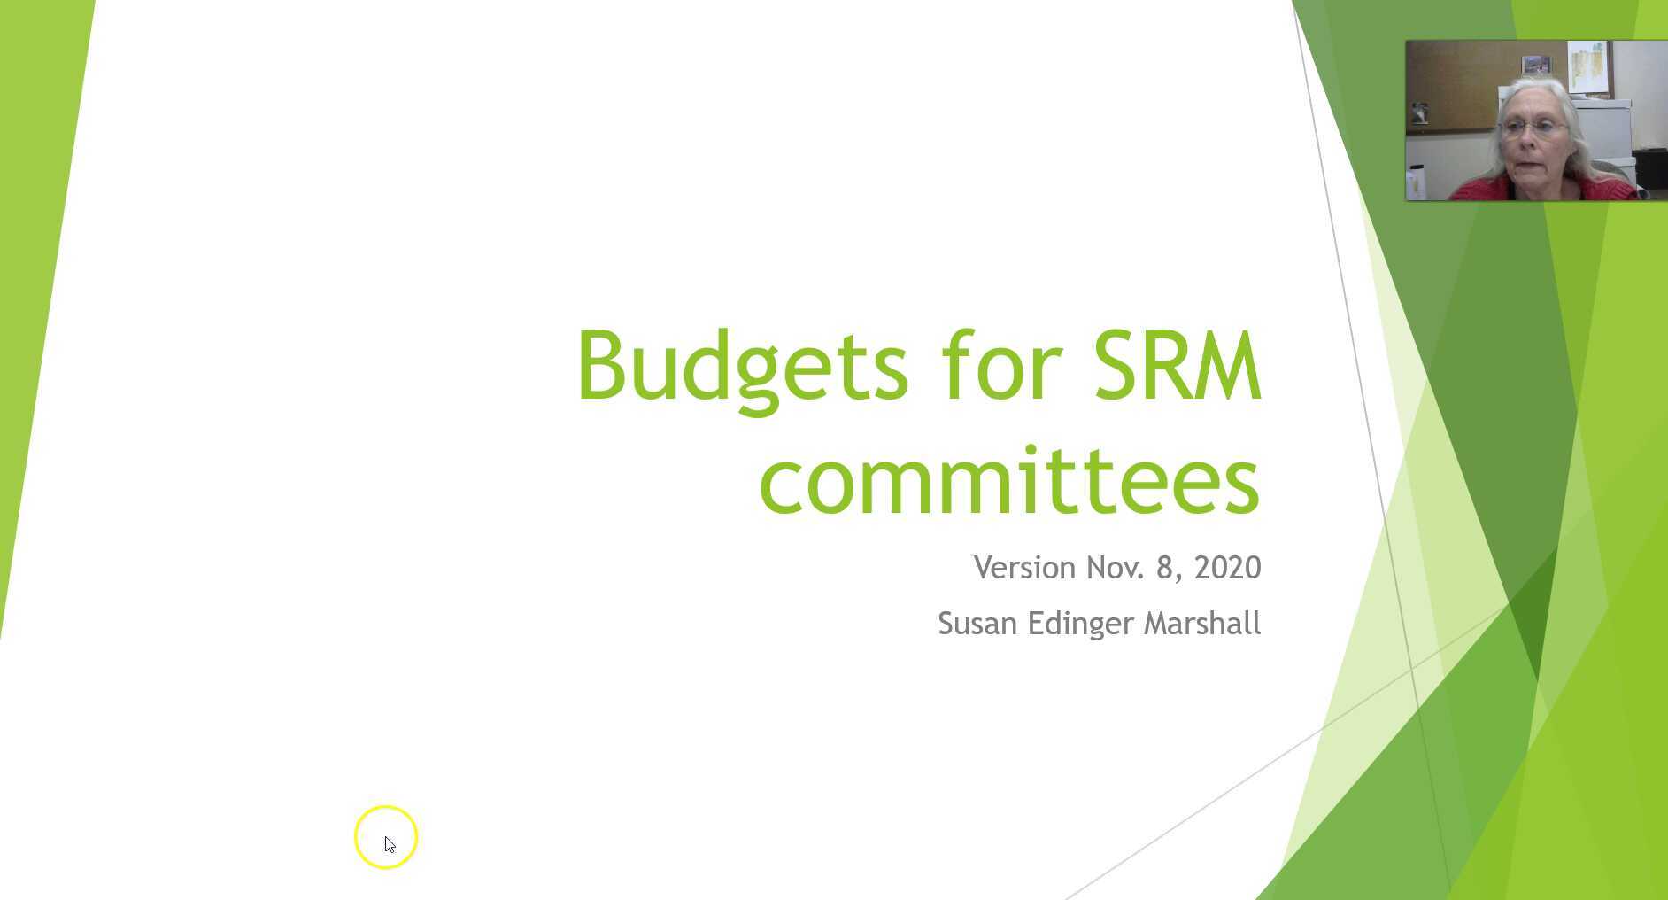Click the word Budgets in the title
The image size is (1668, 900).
[742, 367]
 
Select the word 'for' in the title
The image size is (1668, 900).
[1000, 367]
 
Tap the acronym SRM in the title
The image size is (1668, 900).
[1177, 367]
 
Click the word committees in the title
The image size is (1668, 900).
[1009, 480]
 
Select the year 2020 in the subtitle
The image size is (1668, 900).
[1227, 568]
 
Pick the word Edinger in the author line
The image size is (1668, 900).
[1080, 625]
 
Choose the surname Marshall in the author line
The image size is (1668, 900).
[1201, 624]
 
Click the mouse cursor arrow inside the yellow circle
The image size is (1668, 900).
[390, 843]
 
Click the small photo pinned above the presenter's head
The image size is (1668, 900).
[1535, 65]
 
